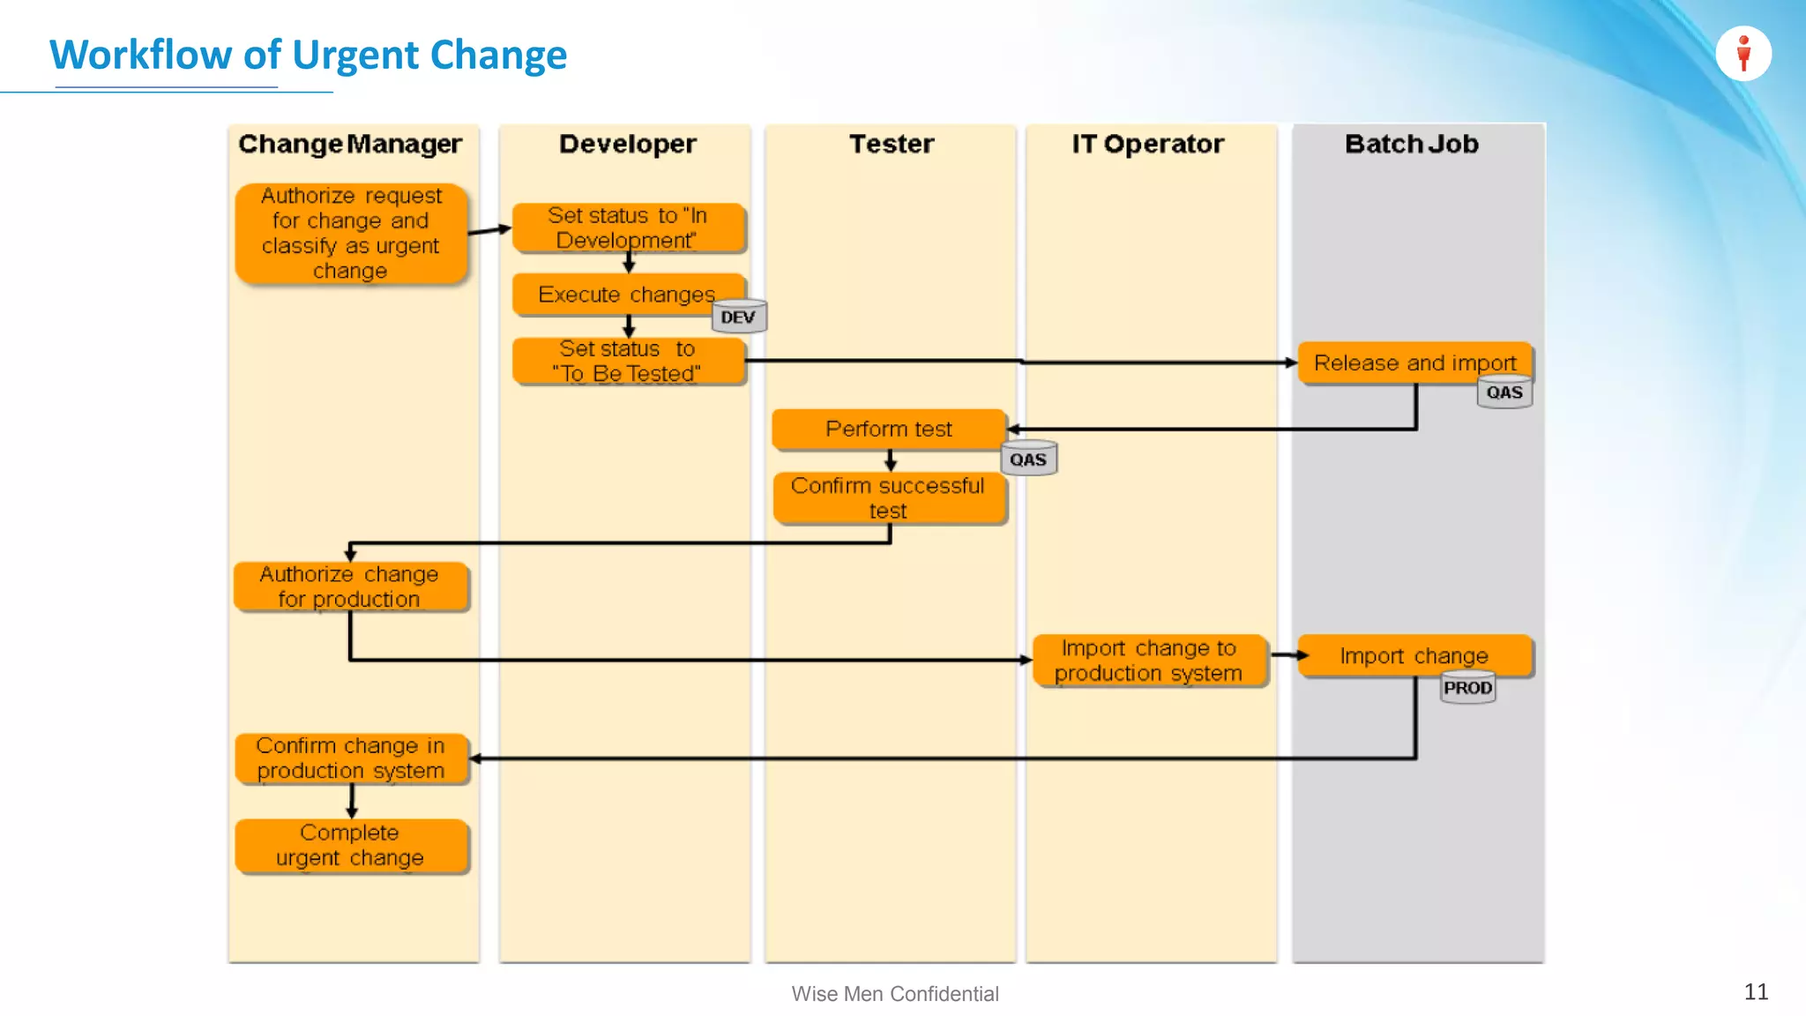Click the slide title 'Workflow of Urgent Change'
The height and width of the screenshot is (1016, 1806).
[308, 55]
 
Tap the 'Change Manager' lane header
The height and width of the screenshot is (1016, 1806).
[350, 144]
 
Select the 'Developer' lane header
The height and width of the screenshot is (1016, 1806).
[627, 144]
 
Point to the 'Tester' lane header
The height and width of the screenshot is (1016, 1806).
[891, 144]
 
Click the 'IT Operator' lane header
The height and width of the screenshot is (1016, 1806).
[1147, 144]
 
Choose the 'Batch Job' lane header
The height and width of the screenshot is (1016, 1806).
[1411, 144]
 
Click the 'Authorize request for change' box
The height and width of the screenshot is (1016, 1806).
[350, 233]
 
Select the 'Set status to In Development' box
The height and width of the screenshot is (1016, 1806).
[627, 228]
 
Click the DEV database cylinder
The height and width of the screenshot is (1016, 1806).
[739, 317]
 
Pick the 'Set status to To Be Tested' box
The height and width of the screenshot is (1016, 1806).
[627, 361]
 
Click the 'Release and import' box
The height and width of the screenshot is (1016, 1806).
[1414, 362]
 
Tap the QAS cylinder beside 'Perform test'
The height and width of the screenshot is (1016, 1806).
[1028, 459]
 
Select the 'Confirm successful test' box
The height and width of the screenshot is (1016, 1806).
[888, 498]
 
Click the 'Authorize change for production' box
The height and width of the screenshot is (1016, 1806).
[350, 586]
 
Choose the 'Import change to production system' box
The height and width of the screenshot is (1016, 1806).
[1148, 660]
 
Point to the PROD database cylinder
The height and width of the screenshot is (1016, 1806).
[1467, 687]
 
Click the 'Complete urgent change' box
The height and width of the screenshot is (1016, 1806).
[350, 845]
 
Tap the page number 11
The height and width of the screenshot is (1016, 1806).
[1756, 991]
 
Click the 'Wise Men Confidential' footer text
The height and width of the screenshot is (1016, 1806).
[894, 994]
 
